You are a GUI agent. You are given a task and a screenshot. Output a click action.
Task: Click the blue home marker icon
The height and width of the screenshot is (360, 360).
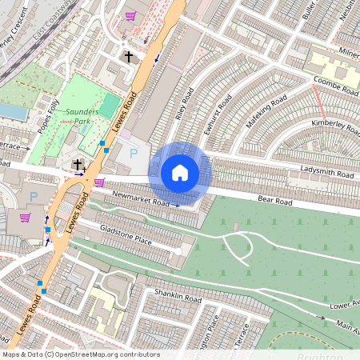pos(180,173)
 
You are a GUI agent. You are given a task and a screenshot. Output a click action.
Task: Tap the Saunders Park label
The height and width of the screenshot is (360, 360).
pos(82,117)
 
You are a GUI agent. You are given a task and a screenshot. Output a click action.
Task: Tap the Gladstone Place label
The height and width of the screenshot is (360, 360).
pos(126,234)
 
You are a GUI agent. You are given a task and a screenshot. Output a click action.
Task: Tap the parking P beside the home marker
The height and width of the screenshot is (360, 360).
pos(134,152)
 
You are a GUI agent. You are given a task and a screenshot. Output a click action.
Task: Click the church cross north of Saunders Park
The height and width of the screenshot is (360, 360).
pos(128,57)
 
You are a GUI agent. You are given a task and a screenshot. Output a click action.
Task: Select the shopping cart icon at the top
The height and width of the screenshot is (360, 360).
pos(130,15)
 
